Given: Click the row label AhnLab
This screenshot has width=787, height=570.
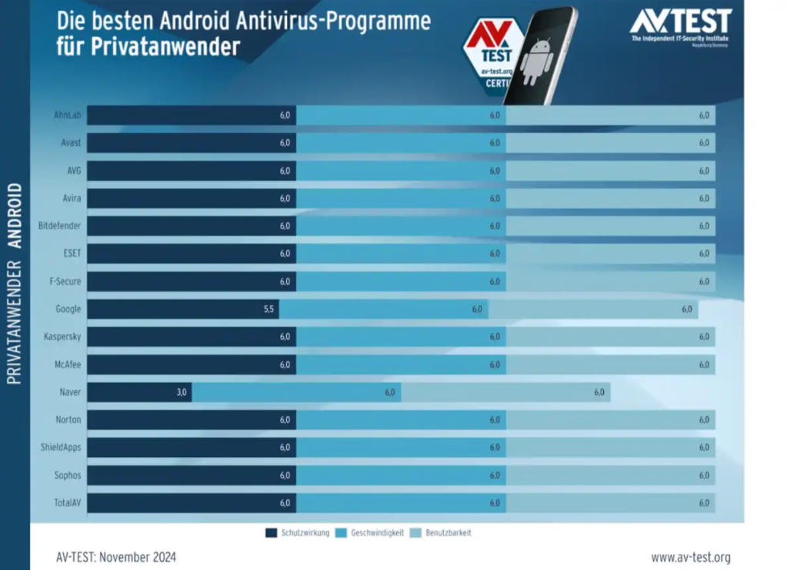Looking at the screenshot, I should tap(68, 115).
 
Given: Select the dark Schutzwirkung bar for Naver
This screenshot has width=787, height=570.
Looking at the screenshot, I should tap(138, 392).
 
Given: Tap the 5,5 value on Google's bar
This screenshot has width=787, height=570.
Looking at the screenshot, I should tap(268, 309).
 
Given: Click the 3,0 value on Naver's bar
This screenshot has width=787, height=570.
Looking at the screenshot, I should tap(182, 392).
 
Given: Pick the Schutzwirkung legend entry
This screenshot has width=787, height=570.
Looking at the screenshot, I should tap(298, 533).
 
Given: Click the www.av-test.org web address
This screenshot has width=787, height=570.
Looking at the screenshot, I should tap(690, 557).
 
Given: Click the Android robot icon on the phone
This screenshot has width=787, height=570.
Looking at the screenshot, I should tap(536, 62).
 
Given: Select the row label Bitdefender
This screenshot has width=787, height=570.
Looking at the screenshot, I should tap(60, 226).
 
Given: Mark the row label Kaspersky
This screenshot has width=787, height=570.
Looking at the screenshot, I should tap(63, 337).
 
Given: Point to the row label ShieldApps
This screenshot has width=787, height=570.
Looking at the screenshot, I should tap(61, 448).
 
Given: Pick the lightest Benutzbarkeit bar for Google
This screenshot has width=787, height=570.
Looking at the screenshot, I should tap(593, 309).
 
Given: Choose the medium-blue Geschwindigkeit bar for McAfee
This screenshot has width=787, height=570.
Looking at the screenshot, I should tap(401, 365).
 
